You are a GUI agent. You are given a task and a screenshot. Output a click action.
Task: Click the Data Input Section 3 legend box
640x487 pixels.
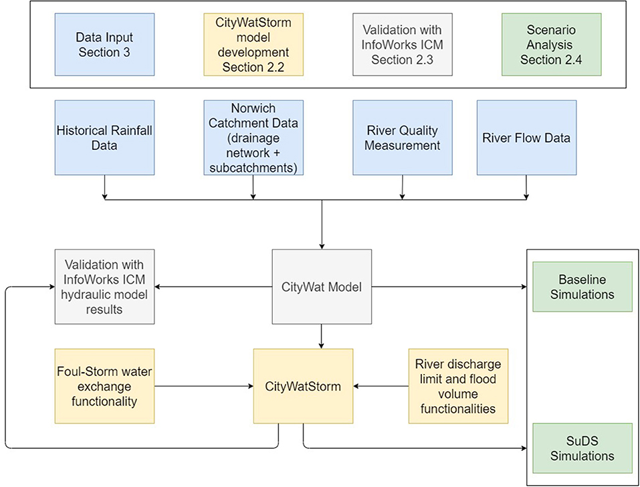pos(104,45)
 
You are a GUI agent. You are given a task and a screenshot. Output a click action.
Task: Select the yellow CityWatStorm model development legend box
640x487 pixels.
pos(253,45)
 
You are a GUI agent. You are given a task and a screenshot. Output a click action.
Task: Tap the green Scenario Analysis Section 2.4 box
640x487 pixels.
pos(552,45)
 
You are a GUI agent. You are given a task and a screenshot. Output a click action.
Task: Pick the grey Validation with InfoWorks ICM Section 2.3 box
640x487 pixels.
pos(402,45)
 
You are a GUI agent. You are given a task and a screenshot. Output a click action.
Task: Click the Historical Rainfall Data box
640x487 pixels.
pos(104,138)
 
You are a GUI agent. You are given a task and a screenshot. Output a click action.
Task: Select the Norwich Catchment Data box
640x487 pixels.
pos(253,138)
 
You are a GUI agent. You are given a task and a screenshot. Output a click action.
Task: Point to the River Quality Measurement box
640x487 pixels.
pos(402,138)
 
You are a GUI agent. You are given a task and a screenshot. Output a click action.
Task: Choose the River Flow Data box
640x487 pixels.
pos(526,138)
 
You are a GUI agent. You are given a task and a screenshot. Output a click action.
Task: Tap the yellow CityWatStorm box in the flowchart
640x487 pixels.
pos(303,386)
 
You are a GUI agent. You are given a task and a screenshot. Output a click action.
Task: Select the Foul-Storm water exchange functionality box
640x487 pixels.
pos(104,386)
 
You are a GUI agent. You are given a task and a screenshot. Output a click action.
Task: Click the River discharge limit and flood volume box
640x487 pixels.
pos(458,386)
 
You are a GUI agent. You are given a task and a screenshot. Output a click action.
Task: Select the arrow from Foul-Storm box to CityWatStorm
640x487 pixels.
pos(204,386)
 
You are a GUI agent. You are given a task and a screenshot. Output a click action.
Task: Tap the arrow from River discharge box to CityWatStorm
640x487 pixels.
pos(381,386)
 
